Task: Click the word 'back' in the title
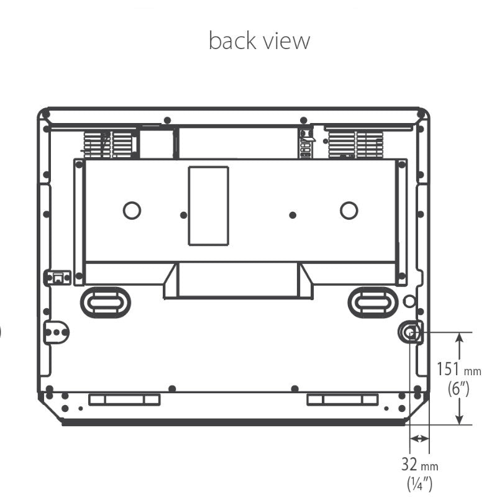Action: click(x=232, y=40)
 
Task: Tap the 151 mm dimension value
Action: click(x=458, y=369)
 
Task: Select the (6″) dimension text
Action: click(x=458, y=388)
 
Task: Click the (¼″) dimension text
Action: click(x=419, y=483)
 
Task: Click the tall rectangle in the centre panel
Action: click(x=209, y=206)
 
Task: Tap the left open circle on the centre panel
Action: click(x=132, y=211)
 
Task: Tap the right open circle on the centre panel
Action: click(x=349, y=211)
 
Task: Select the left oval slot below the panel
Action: click(x=106, y=303)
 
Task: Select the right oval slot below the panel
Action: click(x=373, y=303)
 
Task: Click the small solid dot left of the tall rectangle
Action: click(x=183, y=215)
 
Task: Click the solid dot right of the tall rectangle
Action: click(x=293, y=215)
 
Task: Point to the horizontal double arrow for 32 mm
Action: click(x=419, y=439)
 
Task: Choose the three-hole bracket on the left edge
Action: click(x=56, y=332)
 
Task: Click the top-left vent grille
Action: click(x=107, y=145)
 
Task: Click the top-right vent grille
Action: click(x=355, y=145)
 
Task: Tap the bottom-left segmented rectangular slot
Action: click(x=125, y=399)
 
